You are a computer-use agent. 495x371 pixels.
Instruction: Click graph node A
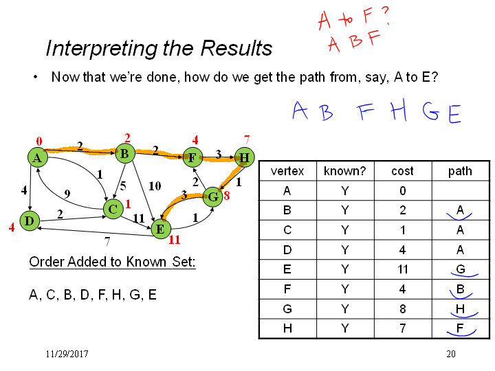pyautogui.click(x=38, y=157)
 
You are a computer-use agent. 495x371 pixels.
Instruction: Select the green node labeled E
pyautogui.click(x=161, y=229)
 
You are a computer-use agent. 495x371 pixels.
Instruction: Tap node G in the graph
pyautogui.click(x=213, y=197)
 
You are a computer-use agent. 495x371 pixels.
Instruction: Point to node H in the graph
pyautogui.click(x=244, y=157)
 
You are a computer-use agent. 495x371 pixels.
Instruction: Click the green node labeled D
pyautogui.click(x=30, y=221)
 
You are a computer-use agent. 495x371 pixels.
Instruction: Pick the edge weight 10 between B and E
pyautogui.click(x=155, y=186)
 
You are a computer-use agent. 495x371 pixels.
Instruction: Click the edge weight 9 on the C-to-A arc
pyautogui.click(x=67, y=193)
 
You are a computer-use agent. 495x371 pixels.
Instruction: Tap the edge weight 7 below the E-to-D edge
pyautogui.click(x=107, y=241)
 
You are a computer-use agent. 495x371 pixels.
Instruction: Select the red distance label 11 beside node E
pyautogui.click(x=174, y=240)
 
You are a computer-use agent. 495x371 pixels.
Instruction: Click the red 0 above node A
pyautogui.click(x=38, y=142)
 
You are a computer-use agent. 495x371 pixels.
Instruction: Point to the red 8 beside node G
pyautogui.click(x=227, y=196)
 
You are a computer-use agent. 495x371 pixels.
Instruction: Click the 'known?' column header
pyautogui.click(x=345, y=171)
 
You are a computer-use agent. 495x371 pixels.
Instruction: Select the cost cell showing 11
pyautogui.click(x=402, y=269)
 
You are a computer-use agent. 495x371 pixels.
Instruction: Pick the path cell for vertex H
pyautogui.click(x=461, y=328)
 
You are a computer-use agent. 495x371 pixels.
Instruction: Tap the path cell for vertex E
pyautogui.click(x=461, y=269)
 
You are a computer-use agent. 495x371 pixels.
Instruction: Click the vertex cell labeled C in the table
pyautogui.click(x=287, y=230)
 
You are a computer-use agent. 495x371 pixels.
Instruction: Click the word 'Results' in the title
pyautogui.click(x=236, y=48)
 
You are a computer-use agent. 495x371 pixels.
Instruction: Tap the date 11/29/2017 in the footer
pyautogui.click(x=67, y=354)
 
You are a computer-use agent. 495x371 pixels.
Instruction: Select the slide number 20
pyautogui.click(x=451, y=354)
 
